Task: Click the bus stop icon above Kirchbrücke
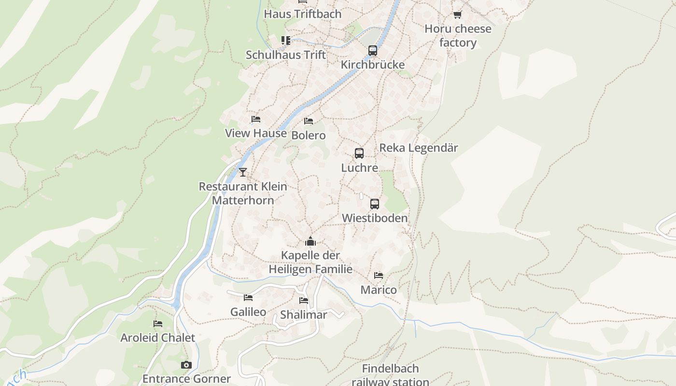click(x=372, y=50)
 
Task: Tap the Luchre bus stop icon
click(x=359, y=153)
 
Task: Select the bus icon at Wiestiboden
click(x=374, y=204)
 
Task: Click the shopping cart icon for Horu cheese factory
click(x=457, y=15)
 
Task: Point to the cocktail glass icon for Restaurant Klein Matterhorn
click(x=243, y=172)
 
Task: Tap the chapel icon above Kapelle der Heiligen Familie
click(x=310, y=241)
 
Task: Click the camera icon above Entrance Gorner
click(x=186, y=365)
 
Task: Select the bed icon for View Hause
click(x=255, y=119)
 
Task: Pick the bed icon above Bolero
click(x=308, y=121)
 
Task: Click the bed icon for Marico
click(x=379, y=276)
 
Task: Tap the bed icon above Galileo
click(x=248, y=298)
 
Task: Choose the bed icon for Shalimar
click(x=303, y=301)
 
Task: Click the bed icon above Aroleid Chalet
click(x=157, y=324)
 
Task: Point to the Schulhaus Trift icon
click(x=286, y=41)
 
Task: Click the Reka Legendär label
click(x=419, y=148)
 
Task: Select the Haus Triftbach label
click(x=302, y=14)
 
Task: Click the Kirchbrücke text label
click(x=372, y=65)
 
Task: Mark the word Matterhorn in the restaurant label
click(x=243, y=200)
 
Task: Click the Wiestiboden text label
click(x=375, y=218)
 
